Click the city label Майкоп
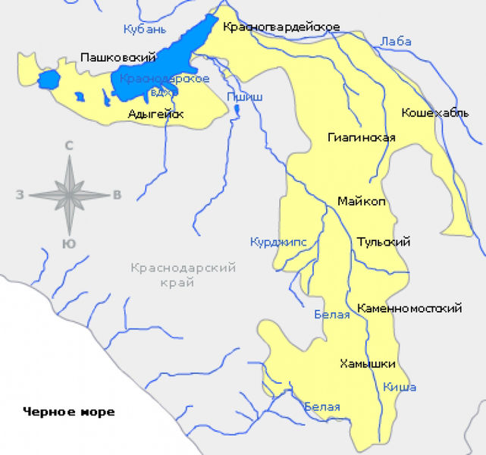pos(362,201)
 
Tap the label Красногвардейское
pos(281,27)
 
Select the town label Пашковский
pos(118,58)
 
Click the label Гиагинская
pos(362,137)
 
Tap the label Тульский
pos(383,242)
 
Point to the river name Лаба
pos(396,42)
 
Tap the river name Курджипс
pos(277,242)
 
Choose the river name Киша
pos(400,388)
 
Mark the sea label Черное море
pos(68,412)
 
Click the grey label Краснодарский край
pos(183,275)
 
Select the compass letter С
pos(69,146)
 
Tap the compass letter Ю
pos(68,243)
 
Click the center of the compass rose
pos(69,195)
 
